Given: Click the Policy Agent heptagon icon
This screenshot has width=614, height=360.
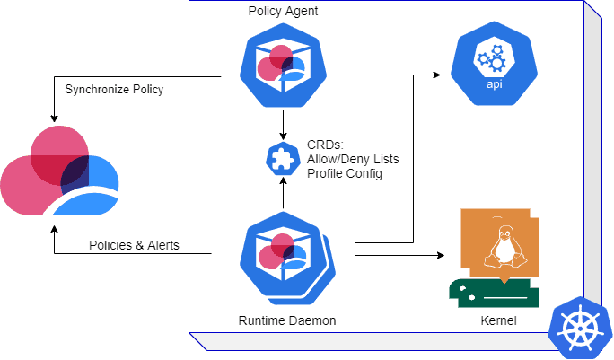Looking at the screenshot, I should pyautogui.click(x=284, y=64).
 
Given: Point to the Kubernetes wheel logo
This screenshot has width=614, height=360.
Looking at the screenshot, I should pyautogui.click(x=580, y=329).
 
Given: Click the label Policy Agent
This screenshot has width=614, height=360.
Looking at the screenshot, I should pyautogui.click(x=284, y=11).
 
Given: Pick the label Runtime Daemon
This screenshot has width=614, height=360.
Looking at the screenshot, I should pyautogui.click(x=281, y=320).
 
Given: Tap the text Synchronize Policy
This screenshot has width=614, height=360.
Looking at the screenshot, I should pyautogui.click(x=114, y=89).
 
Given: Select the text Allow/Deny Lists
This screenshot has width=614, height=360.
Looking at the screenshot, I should pyautogui.click(x=353, y=159).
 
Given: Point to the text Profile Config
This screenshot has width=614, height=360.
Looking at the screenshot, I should pyautogui.click(x=346, y=173).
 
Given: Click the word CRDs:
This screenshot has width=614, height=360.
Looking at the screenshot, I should pyautogui.click(x=324, y=145).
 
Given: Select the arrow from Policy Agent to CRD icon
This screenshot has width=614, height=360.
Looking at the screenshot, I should pyautogui.click(x=284, y=122).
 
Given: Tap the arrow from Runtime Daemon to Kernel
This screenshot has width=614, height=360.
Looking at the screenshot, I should pyautogui.click(x=399, y=256).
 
